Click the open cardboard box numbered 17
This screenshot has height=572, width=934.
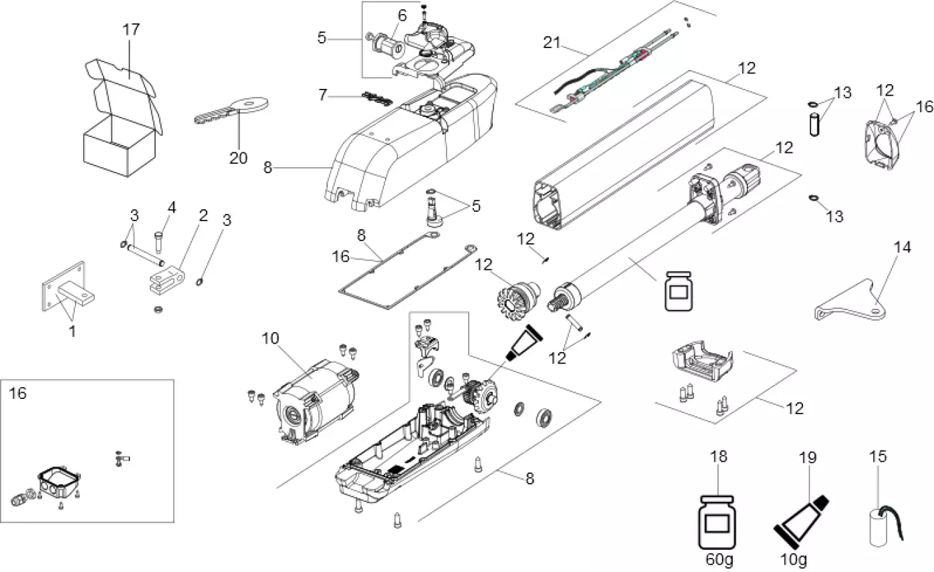[120, 127]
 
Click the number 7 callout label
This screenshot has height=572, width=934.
[323, 96]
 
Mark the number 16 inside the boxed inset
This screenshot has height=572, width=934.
[18, 394]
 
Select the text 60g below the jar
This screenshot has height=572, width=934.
[719, 558]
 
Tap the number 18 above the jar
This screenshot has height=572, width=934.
[719, 456]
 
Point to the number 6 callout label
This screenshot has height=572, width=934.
[401, 15]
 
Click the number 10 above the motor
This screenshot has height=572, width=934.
[270, 339]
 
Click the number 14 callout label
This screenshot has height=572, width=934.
[903, 247]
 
